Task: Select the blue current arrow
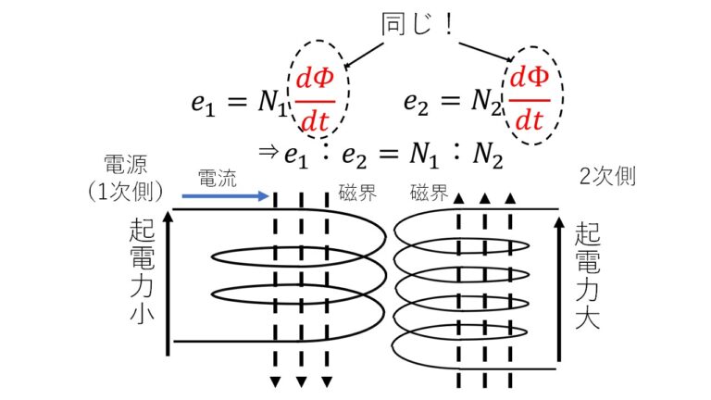click(x=225, y=195)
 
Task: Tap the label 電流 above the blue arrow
click(x=216, y=175)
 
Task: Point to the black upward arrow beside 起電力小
click(x=168, y=281)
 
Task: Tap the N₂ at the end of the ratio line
click(x=485, y=157)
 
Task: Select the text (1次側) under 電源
click(x=127, y=193)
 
